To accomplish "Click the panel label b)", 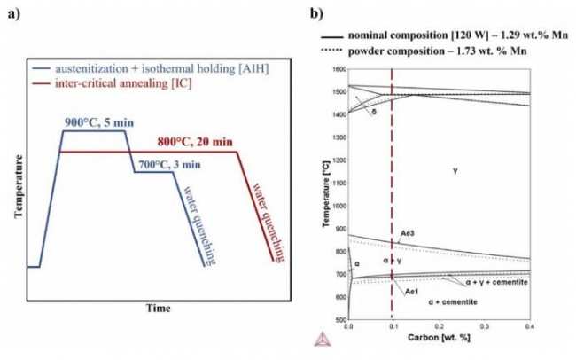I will coord(315,15).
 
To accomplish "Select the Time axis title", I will coord(158,309).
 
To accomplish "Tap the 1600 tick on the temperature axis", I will coord(337,68).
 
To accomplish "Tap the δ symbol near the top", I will coord(375,114).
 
